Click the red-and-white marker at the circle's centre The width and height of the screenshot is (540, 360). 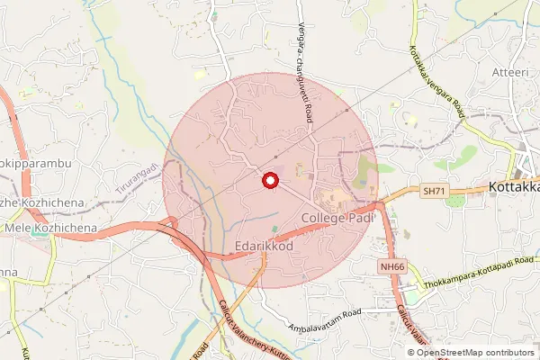click(268, 181)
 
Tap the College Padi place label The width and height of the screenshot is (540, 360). click(337, 219)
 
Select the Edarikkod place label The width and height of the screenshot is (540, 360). click(264, 245)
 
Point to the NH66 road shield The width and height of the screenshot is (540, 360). click(391, 267)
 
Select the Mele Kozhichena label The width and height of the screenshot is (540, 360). click(50, 229)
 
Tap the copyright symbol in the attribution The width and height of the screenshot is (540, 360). click(412, 352)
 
